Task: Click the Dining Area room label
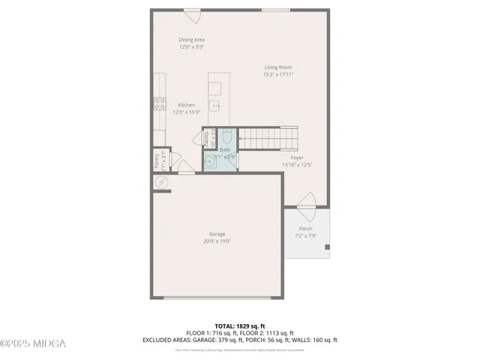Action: point(191,40)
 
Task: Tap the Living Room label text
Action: point(277,67)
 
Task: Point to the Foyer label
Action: point(297,157)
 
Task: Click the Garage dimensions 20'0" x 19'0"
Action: point(217,241)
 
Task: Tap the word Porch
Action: point(305,229)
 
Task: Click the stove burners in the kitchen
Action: point(160,104)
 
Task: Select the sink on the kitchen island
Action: point(215,106)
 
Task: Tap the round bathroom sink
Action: point(211,160)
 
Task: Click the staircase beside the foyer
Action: point(268,138)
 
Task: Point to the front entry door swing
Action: point(307,200)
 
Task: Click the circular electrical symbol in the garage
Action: point(160,182)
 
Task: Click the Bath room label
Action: point(225,149)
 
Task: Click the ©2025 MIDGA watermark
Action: point(33,343)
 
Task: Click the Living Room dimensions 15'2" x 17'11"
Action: point(277,75)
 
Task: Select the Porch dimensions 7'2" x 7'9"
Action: point(305,235)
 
